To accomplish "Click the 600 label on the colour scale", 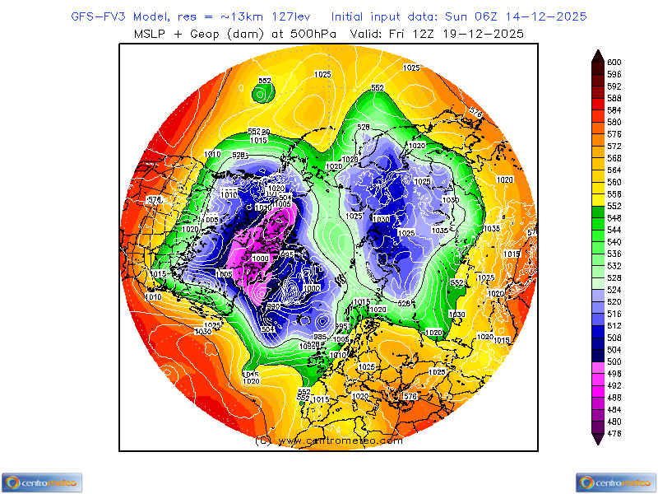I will tap(614, 62).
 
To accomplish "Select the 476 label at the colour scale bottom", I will tap(614, 433).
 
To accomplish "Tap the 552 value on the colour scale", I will tap(614, 206).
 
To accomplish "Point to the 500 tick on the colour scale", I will tap(614, 361).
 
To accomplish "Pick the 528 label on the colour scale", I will tap(614, 277).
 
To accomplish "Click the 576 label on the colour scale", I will tap(614, 134).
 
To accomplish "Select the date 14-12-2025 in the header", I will tap(549, 16).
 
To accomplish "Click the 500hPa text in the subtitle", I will tap(301, 34).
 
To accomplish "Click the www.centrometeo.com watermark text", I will tap(329, 440).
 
